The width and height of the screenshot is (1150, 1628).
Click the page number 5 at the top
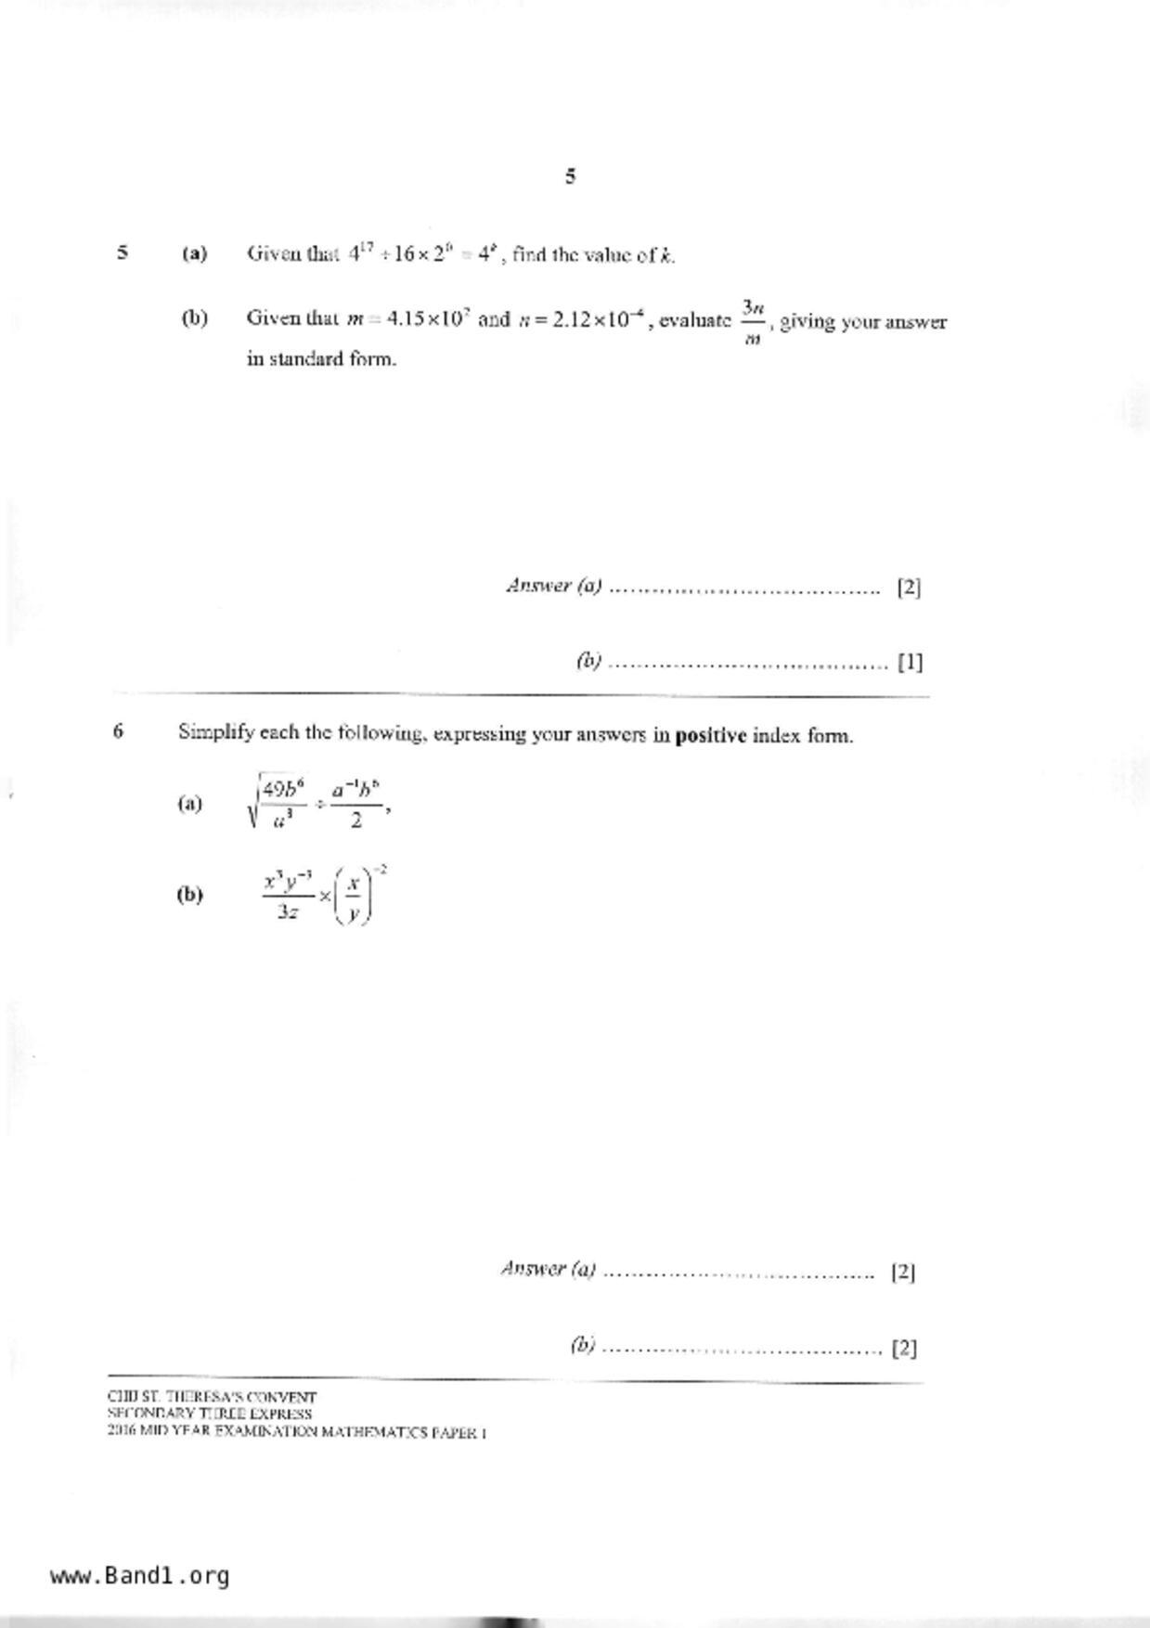tap(570, 175)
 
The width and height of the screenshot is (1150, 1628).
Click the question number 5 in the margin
tap(123, 252)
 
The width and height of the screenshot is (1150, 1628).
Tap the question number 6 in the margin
tap(118, 731)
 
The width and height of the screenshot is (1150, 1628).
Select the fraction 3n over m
tap(753, 321)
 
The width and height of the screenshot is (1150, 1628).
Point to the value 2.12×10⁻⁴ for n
tap(596, 319)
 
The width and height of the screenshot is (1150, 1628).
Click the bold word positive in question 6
tap(711, 736)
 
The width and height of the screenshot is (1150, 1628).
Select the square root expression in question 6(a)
tap(278, 804)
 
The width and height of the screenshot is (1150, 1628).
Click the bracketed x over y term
tap(353, 895)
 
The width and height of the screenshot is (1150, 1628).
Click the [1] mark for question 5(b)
tap(910, 663)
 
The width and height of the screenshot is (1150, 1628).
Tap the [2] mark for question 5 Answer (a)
tap(909, 588)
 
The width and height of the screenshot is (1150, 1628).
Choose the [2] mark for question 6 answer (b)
tap(904, 1348)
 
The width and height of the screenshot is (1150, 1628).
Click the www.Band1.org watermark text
tap(140, 1576)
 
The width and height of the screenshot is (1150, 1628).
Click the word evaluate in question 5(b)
tap(695, 321)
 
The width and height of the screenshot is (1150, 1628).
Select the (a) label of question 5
tap(195, 253)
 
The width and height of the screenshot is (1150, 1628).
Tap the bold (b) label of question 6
tap(189, 895)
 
